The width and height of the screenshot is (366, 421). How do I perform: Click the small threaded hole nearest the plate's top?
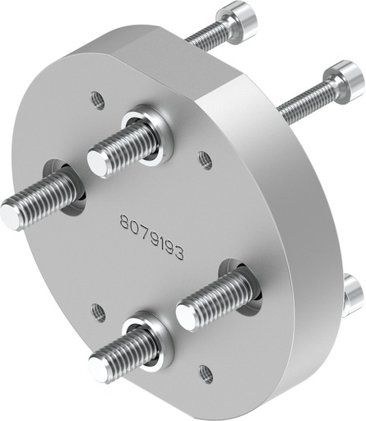[x=97, y=99]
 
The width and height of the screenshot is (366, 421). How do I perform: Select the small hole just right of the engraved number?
[x=206, y=160]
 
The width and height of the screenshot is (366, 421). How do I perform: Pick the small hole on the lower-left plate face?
[x=98, y=312]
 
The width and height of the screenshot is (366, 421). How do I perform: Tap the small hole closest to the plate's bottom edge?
[x=206, y=375]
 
